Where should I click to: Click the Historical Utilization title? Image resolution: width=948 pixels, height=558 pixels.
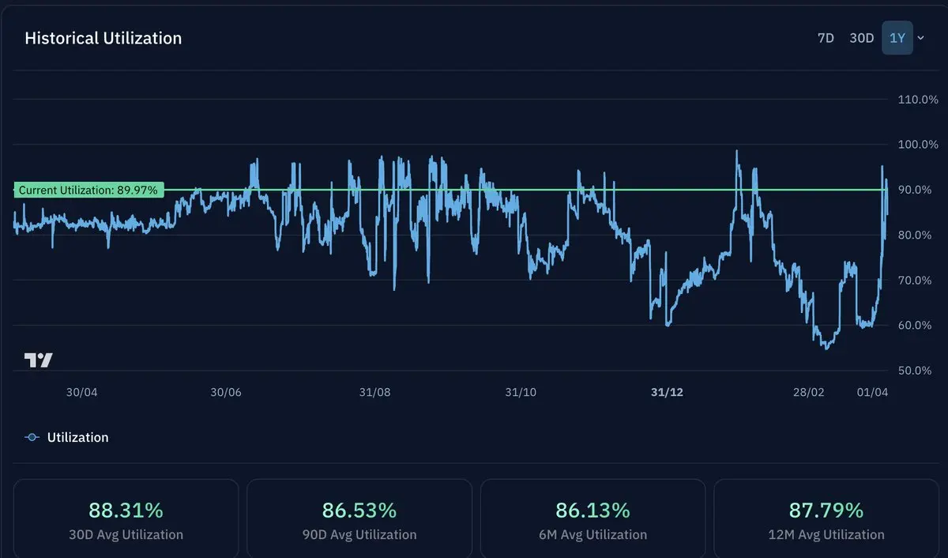(103, 38)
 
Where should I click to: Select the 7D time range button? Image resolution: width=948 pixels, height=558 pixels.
(826, 38)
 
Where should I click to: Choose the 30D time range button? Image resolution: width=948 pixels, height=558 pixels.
(861, 38)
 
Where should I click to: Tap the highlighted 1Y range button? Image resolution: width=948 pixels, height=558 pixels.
(897, 38)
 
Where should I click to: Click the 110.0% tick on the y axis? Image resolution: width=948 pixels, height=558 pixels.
(918, 100)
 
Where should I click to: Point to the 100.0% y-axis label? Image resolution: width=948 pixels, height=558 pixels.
(918, 145)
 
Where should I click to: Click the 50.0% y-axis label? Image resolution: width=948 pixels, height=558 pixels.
(918, 371)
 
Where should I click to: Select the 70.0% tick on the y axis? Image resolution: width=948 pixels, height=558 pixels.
(918, 281)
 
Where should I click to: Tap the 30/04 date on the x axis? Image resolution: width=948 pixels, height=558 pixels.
(81, 393)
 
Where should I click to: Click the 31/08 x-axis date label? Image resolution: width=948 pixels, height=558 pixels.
(374, 393)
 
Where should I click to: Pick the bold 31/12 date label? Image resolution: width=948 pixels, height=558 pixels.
(667, 393)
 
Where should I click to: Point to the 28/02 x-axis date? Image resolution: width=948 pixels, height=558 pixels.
(808, 393)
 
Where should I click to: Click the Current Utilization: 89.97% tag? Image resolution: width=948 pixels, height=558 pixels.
(88, 190)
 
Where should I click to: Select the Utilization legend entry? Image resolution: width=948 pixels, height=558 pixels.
(77, 437)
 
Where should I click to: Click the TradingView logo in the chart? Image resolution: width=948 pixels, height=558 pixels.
(38, 360)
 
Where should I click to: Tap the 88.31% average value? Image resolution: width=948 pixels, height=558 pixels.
(126, 510)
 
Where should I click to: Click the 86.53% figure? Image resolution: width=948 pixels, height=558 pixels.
(359, 510)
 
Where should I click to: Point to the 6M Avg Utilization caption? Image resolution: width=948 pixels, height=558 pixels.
(592, 535)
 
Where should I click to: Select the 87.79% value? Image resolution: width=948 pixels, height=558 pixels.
(826, 510)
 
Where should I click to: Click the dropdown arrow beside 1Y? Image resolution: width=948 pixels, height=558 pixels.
(920, 38)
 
